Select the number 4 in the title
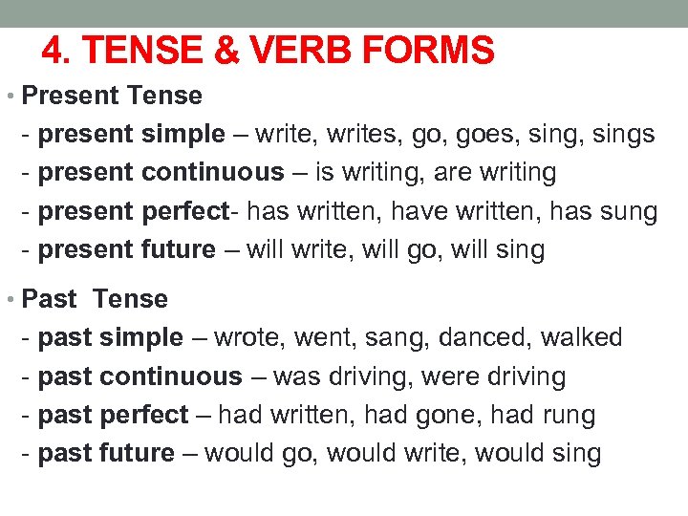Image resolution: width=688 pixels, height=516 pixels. pyautogui.click(x=54, y=50)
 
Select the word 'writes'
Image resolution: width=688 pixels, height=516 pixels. pyautogui.click(x=365, y=135)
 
